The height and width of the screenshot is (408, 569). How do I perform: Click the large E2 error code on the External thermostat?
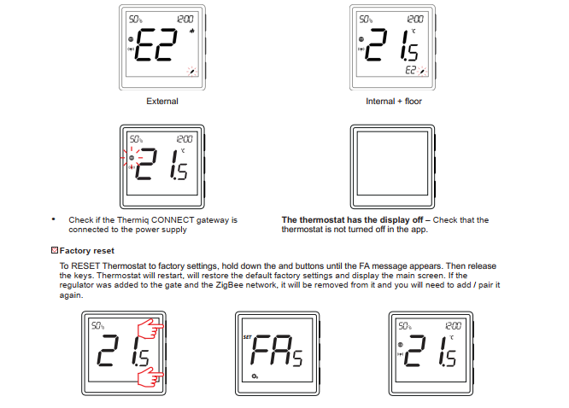[x=156, y=44]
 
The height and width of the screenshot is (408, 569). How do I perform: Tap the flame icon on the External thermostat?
[x=192, y=31]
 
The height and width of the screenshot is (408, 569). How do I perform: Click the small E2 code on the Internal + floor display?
[x=410, y=70]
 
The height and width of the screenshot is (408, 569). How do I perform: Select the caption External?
[x=162, y=102]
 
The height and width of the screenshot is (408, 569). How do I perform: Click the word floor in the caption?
[x=414, y=102]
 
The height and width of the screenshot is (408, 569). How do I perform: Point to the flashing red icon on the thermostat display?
[x=132, y=158]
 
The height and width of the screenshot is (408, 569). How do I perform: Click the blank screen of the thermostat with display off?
[x=392, y=163]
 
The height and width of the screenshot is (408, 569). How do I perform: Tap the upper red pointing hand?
[x=150, y=329]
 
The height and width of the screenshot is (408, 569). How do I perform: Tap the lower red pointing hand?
[x=150, y=376]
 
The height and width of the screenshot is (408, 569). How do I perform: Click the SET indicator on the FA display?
[x=247, y=337]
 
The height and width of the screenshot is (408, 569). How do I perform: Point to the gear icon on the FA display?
[x=255, y=376]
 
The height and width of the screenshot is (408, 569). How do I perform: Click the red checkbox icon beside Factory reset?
[x=55, y=250]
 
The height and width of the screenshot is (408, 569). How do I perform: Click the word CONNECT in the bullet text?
[x=173, y=219]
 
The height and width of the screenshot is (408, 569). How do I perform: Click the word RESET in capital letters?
[x=85, y=265]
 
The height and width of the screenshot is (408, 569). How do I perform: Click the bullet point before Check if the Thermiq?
[x=54, y=219]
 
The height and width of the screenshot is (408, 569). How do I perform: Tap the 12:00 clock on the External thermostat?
[x=185, y=20]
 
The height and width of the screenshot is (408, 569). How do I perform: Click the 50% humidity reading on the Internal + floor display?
[x=366, y=20]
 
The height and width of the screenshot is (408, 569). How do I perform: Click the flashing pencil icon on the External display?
[x=192, y=71]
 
